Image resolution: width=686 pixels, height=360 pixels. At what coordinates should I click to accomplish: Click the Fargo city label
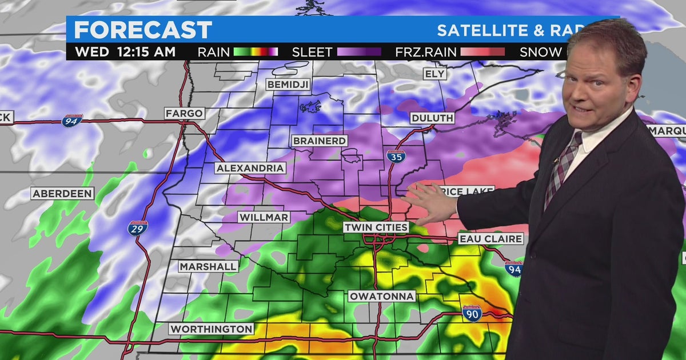click(184, 113)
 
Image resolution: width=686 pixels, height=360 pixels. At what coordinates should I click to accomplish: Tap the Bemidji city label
click(288, 85)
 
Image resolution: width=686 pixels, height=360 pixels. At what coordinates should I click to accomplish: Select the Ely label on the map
click(434, 74)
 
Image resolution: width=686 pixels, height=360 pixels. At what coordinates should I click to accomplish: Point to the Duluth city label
click(432, 118)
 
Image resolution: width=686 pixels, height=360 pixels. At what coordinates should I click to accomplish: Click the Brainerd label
click(320, 141)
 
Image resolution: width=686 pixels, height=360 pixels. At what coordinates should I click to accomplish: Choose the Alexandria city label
click(250, 168)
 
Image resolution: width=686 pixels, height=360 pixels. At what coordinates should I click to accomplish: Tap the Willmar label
click(264, 217)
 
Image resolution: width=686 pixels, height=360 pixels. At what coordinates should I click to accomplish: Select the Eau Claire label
click(482, 238)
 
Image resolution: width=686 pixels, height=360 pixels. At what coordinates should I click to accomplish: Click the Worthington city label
click(212, 329)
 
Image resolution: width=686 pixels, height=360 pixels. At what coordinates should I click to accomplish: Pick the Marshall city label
click(208, 266)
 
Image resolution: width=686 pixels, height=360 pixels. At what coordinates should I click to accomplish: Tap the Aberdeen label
click(62, 194)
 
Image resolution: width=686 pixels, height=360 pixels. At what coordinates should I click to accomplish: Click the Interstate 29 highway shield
click(138, 228)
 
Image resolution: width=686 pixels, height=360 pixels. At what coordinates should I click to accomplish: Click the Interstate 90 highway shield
click(472, 313)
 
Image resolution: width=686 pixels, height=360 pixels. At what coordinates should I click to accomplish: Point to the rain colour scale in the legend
click(256, 52)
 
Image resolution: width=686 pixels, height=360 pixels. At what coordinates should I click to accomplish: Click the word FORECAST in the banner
click(143, 30)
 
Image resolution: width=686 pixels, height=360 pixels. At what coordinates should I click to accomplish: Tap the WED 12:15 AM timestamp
click(125, 52)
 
